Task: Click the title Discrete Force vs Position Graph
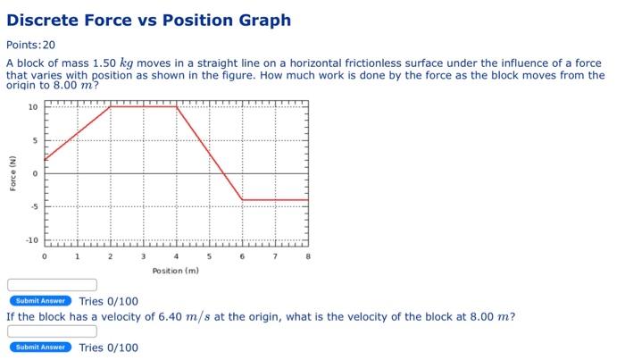[148, 20]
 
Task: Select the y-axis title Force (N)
[13, 172]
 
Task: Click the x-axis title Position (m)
[176, 270]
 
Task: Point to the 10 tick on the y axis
[33, 107]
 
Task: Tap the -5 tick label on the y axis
[33, 207]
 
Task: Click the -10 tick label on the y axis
[31, 240]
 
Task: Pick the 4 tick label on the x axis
[177, 256]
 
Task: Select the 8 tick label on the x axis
[308, 256]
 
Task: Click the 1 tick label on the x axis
[78, 256]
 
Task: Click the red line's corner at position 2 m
[111, 106]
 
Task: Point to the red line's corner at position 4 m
[177, 106]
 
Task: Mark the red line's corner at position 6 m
[243, 200]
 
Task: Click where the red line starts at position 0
[45, 160]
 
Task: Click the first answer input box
[52, 285]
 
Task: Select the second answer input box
[52, 331]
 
